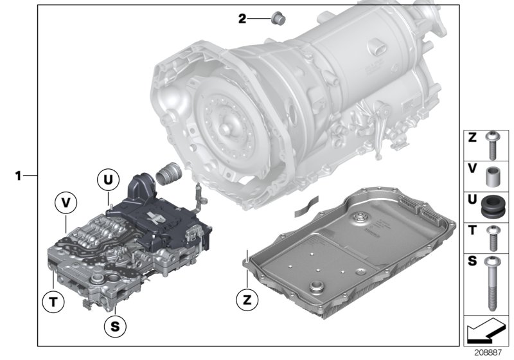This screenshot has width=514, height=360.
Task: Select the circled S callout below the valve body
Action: (114, 326)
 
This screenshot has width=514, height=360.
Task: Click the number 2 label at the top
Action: (242, 19)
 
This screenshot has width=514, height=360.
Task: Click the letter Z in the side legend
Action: (472, 138)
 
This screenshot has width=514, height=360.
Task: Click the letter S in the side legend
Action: (472, 262)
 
